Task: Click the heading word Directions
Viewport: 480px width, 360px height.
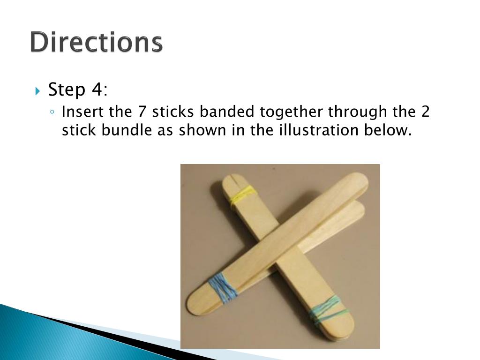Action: click(x=97, y=42)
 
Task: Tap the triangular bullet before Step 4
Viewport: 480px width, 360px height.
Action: click(x=37, y=91)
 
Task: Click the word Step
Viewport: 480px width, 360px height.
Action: click(x=67, y=90)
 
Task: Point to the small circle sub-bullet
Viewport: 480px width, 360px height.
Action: click(x=52, y=112)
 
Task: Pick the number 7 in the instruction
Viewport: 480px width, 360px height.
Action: click(x=142, y=112)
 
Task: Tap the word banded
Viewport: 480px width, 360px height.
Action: click(x=227, y=112)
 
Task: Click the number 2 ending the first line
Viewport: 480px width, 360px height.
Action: click(x=426, y=112)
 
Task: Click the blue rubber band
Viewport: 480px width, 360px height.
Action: click(x=223, y=288)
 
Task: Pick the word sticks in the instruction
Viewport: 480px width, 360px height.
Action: click(x=173, y=112)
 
